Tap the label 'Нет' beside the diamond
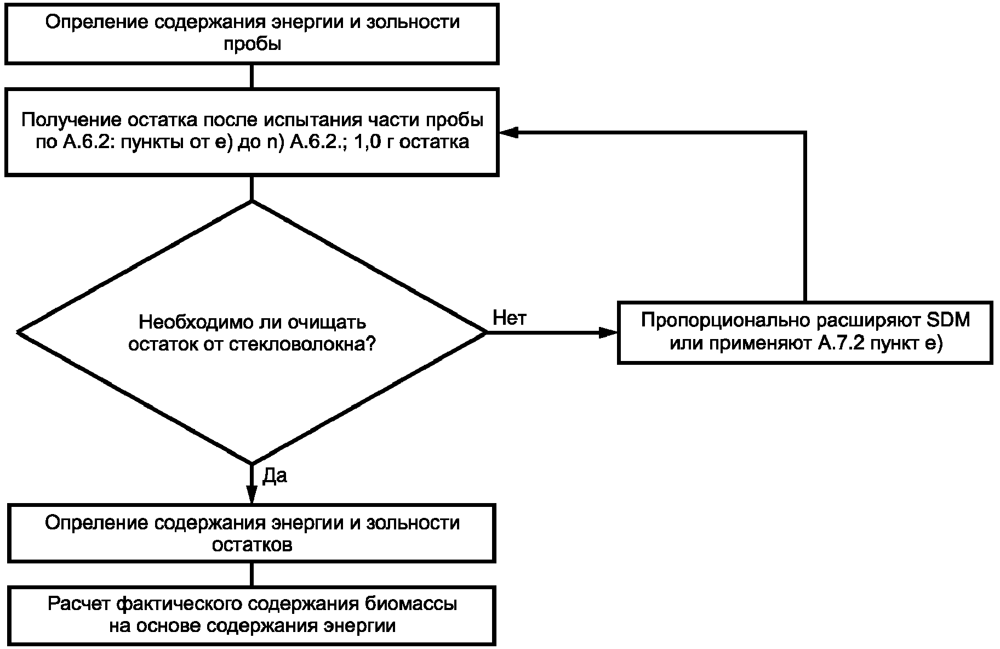(x=510, y=318)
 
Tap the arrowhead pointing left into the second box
(x=509, y=132)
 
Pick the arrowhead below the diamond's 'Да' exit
(x=252, y=494)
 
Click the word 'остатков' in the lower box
(x=252, y=545)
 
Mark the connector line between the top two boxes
(x=252, y=77)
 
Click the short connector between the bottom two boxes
(x=252, y=574)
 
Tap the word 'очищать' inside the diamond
(x=330, y=323)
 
